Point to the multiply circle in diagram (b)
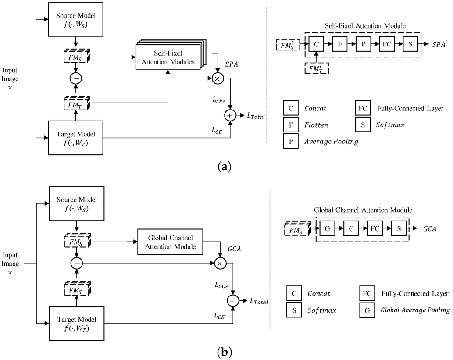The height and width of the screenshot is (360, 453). pos(219,263)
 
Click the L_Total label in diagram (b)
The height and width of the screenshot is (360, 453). pos(259,301)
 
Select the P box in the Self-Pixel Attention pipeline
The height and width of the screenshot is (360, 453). pos(363,44)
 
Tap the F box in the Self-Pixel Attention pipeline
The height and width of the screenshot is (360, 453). pos(339,44)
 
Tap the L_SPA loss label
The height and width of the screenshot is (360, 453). pos(219,100)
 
